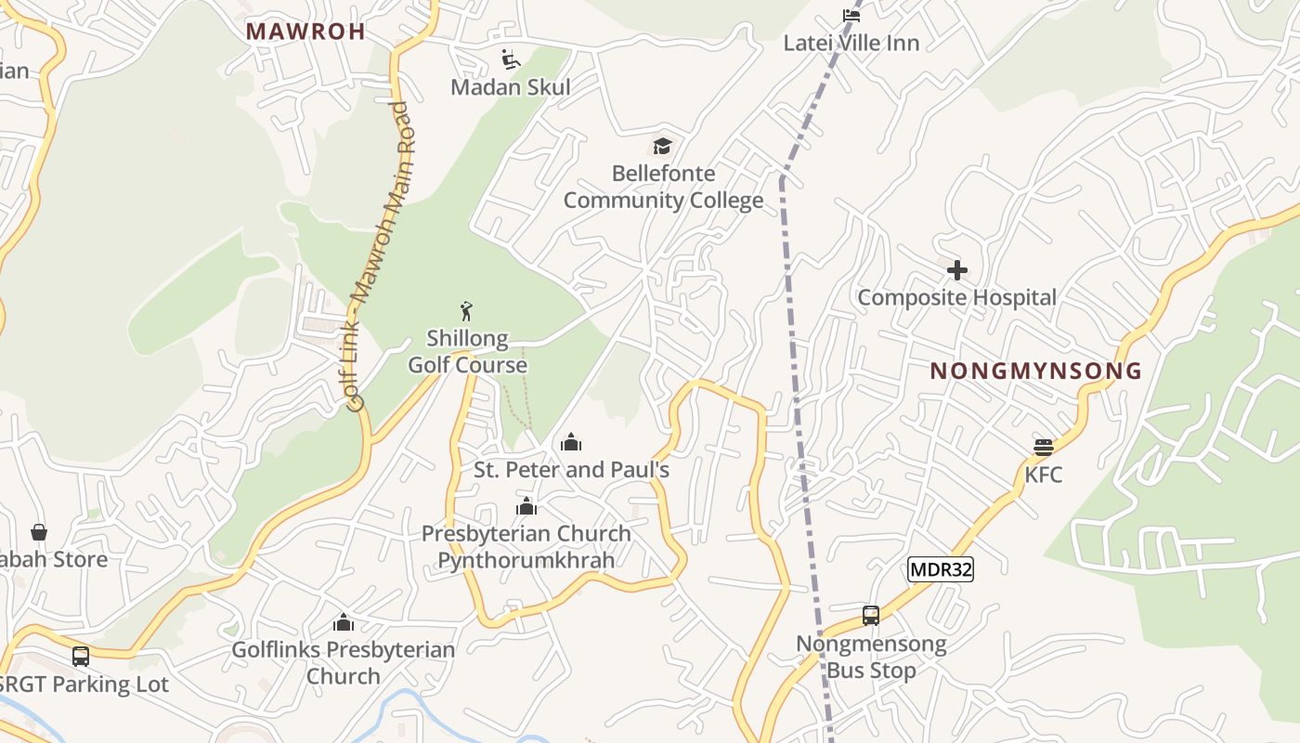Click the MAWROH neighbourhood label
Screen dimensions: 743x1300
click(305, 32)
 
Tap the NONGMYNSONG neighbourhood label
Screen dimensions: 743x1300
click(1035, 371)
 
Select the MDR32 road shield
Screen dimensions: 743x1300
click(941, 569)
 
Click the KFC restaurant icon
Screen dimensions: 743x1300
click(1044, 448)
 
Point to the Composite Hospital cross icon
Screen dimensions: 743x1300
click(957, 270)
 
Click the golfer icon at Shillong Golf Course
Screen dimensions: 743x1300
click(467, 311)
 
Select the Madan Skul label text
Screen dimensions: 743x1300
click(511, 87)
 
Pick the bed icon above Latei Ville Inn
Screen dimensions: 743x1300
click(851, 15)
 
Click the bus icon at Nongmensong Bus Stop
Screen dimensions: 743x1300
click(871, 615)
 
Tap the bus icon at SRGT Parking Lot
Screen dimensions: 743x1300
click(81, 656)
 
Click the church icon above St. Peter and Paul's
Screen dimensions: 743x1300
click(571, 442)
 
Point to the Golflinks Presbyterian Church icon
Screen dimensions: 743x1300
click(344, 622)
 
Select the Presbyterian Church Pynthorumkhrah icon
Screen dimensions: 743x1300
click(526, 506)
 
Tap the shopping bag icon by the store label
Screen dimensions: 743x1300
click(39, 532)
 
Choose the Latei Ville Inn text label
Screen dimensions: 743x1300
click(851, 44)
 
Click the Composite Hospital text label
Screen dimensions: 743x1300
click(956, 298)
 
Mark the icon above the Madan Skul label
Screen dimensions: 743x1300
click(511, 59)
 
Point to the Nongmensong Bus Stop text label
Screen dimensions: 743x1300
click(871, 657)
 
